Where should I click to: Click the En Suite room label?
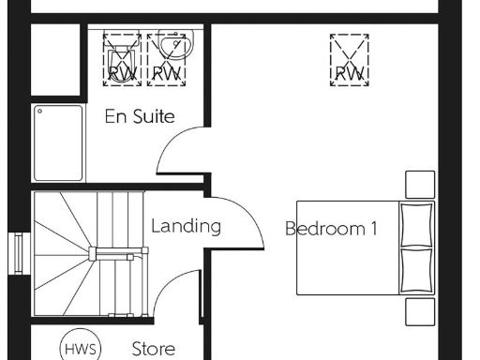pos(141,118)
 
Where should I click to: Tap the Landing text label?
pos(186,226)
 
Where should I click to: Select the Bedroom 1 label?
pos(332,228)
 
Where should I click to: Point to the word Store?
pos(153,349)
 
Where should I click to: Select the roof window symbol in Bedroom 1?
pos(349,57)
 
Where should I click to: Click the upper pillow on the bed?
pos(417,224)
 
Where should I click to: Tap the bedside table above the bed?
pos(420,184)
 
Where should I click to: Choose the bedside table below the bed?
pos(420,310)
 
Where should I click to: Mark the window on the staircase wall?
pos(16,251)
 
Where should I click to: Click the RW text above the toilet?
pos(121,72)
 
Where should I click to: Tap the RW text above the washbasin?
pos(166,72)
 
